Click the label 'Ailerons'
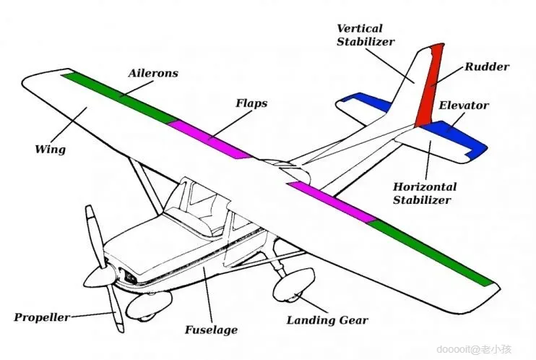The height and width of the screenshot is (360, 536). tap(152, 74)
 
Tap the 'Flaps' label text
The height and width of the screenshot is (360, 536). tap(251, 103)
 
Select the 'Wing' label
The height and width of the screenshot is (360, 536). tap(50, 150)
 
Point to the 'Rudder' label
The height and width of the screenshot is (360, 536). tap(486, 67)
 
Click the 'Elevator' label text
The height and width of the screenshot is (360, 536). tap(464, 106)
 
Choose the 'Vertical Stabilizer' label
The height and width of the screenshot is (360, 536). tap(366, 35)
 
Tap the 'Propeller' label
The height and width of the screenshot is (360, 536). tap(42, 317)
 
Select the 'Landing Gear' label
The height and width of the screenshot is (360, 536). tap(327, 320)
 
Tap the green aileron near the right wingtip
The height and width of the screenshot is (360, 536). tap(433, 251)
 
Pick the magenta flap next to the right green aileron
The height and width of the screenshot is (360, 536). tap(332, 200)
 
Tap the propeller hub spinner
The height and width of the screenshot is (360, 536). tap(99, 275)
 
